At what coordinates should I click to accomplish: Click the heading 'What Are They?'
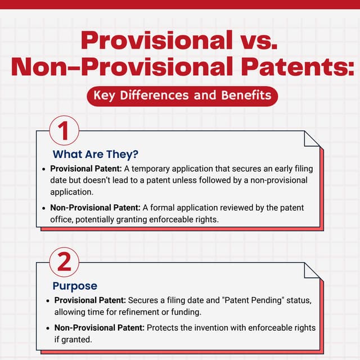(x=95, y=154)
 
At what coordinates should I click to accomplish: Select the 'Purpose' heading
(x=75, y=286)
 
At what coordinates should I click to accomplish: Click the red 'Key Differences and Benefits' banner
(x=182, y=95)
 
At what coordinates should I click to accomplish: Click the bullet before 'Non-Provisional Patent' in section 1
(x=44, y=208)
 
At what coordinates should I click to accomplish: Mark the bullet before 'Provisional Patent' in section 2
(x=48, y=300)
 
